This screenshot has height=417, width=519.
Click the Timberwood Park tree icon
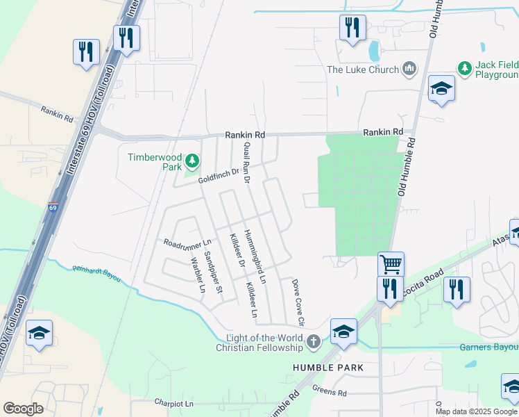click(192, 162)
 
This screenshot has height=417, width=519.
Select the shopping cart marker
click(391, 264)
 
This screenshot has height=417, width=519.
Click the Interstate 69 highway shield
click(53, 206)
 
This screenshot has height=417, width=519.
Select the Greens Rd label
click(329, 391)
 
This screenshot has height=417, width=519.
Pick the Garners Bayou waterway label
click(489, 347)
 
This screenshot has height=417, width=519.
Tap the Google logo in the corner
click(23, 409)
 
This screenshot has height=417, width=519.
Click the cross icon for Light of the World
click(314, 341)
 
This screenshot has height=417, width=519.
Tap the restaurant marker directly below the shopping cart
click(391, 288)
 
